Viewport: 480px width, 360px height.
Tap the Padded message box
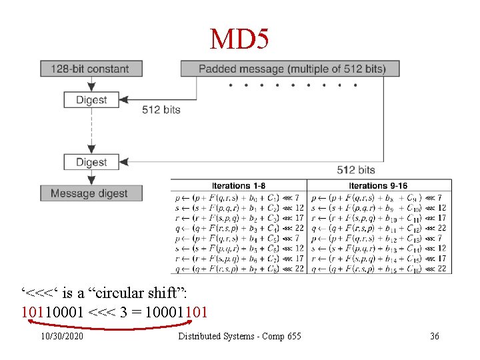click(292, 68)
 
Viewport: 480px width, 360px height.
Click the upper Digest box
click(91, 100)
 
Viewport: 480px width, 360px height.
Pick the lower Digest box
click(91, 162)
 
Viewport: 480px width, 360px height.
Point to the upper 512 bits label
click(161, 109)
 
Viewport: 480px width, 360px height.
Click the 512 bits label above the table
click(355, 170)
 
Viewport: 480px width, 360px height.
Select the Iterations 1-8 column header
click(238, 185)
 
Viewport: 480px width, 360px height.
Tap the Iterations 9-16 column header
click(378, 185)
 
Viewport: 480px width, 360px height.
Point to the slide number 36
click(435, 336)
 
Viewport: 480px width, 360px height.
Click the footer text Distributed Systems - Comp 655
click(239, 336)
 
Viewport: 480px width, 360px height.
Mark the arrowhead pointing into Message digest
click(91, 181)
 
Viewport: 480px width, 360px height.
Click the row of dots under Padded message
click(292, 85)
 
